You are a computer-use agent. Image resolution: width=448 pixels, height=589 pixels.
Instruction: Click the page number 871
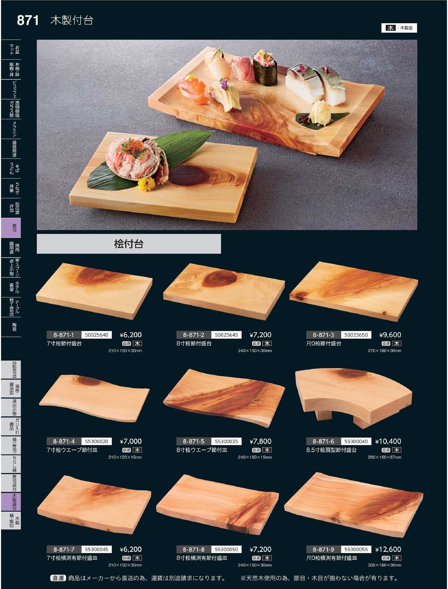[28, 20]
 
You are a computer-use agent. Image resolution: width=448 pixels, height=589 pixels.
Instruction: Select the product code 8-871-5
[194, 441]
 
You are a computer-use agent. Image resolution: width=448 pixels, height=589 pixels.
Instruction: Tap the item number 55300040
[356, 441]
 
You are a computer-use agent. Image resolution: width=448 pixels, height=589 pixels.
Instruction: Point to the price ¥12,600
[388, 549]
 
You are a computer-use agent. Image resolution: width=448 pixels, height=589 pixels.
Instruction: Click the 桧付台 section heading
[129, 244]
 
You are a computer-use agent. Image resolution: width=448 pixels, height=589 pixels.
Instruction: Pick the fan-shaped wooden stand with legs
[353, 397]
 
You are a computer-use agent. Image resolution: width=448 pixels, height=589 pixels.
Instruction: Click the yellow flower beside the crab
[146, 184]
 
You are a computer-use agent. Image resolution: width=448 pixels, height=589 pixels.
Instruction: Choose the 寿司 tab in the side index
[11, 228]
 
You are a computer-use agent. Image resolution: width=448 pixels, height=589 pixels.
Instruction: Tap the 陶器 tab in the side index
[11, 327]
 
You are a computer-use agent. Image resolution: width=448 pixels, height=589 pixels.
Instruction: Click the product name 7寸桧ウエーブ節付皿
[72, 450]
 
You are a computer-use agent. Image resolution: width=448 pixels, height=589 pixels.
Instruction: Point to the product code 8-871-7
[64, 549]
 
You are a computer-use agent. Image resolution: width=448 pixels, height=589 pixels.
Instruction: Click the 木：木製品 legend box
[399, 28]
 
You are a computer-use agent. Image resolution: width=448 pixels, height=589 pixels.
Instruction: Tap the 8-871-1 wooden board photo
[94, 291]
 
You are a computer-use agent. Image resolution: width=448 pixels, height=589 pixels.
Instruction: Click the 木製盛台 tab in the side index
[11, 502]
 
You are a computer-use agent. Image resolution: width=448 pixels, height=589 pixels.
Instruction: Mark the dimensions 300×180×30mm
[385, 565]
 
